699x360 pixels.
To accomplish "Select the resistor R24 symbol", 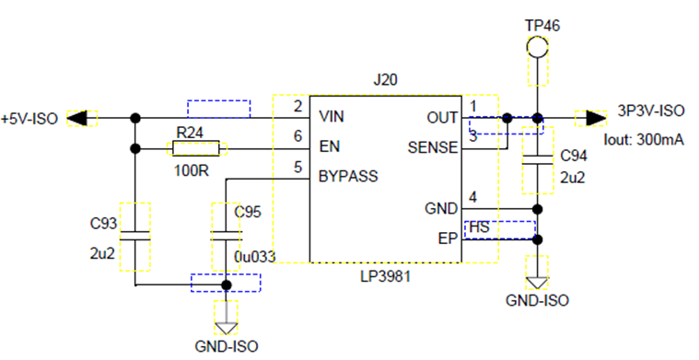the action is [196, 148].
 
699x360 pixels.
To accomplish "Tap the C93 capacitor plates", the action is [134, 236].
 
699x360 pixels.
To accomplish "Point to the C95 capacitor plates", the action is [226, 236].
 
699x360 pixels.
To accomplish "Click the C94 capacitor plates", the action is [537, 160].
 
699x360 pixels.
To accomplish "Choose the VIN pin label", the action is [332, 117].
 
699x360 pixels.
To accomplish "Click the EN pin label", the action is [330, 146].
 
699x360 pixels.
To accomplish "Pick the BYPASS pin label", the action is [348, 177].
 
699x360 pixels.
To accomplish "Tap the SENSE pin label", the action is [433, 148].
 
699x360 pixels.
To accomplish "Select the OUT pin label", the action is [442, 118].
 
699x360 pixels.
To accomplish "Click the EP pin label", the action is [448, 238].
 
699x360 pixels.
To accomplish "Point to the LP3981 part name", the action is [385, 277].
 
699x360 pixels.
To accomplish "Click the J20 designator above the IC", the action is [385, 80].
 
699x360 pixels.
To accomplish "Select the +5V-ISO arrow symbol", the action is [76, 118].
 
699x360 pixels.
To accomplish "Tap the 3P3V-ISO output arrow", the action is [596, 118].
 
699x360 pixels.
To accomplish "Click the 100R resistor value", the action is [192, 170].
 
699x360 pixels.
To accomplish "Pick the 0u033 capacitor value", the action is [254, 257].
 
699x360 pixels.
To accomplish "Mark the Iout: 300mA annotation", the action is [643, 140].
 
